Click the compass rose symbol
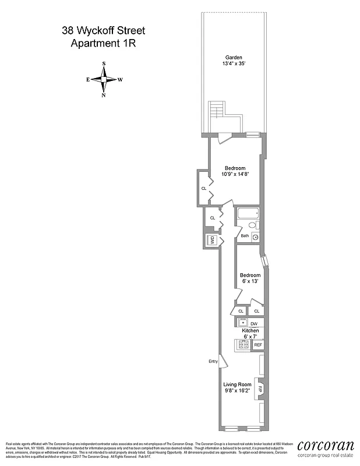(104, 79)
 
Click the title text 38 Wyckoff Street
(104, 30)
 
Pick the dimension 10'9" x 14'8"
(235, 174)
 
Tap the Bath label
(245, 236)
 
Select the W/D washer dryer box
(212, 240)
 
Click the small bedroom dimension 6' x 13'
(250, 281)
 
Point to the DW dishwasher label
(254, 323)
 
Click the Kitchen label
(250, 330)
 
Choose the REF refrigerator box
(257, 345)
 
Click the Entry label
(213, 362)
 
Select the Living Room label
(237, 384)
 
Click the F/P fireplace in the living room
(260, 390)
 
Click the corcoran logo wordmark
(325, 444)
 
